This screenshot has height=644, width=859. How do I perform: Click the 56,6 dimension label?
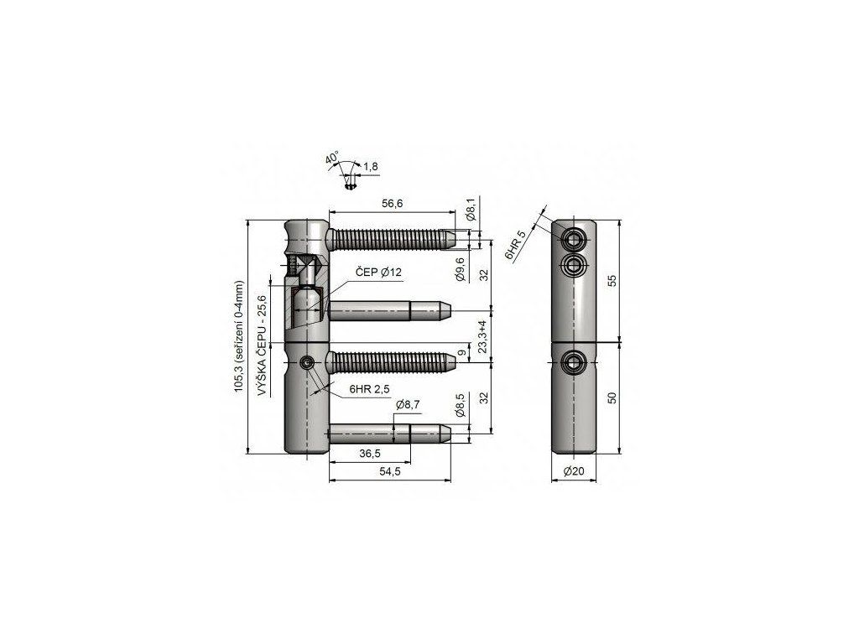coord(393,204)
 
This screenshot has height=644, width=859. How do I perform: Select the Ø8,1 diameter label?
coord(471,209)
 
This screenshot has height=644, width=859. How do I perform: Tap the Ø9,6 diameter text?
coord(461,269)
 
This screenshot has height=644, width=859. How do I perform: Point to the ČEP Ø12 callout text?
coord(379,273)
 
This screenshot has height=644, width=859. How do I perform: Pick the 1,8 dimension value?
coord(371,167)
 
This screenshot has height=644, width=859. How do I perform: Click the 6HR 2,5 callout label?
coord(369,389)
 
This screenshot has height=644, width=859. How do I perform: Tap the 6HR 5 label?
coord(515,245)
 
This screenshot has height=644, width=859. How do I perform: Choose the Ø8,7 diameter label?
coord(409,405)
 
